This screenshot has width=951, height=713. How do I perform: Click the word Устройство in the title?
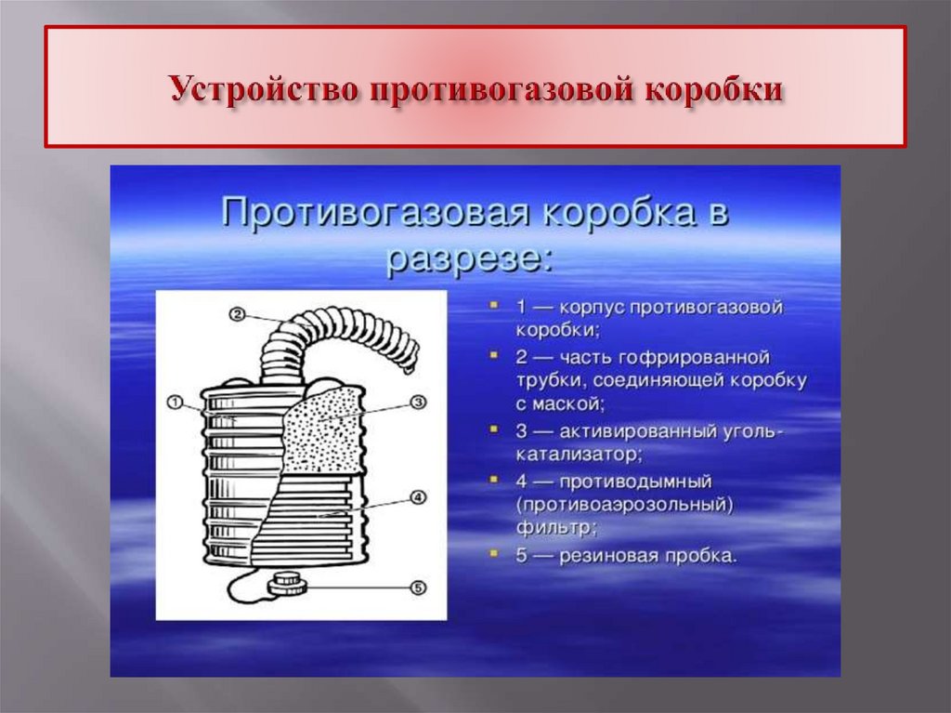(264, 90)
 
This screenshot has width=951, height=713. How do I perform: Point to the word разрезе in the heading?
(464, 257)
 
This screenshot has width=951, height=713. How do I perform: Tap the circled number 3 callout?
(417, 402)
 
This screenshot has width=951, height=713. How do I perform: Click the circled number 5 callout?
(417, 587)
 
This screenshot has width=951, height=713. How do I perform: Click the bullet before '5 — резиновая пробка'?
(493, 556)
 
